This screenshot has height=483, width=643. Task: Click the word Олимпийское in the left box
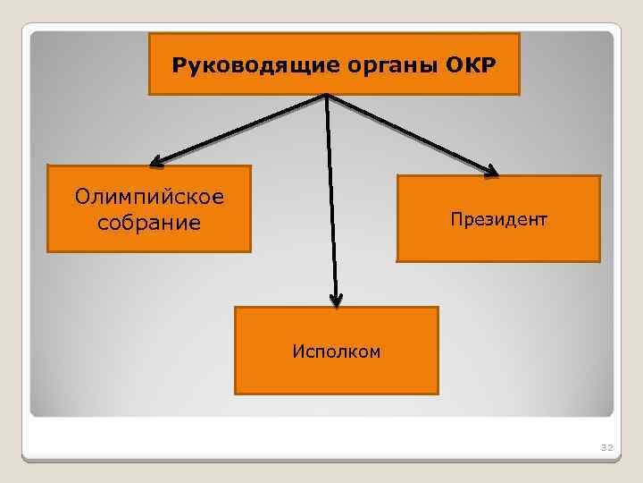coord(150,196)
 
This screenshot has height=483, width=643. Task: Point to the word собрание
coord(149,222)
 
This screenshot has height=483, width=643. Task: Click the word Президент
coord(498,218)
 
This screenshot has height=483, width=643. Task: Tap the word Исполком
coord(336,352)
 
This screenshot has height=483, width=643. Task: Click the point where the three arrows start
coord(327,95)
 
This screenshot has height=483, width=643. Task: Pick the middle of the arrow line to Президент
coord(411,132)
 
